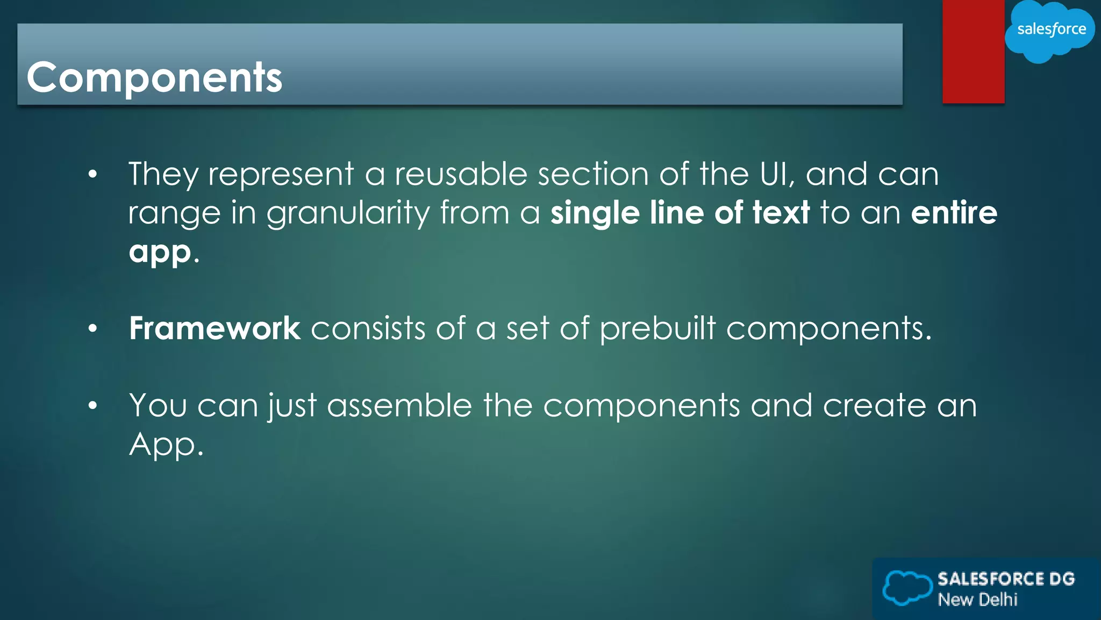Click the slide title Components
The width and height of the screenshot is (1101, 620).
(154, 77)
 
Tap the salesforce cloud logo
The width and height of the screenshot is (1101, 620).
(1050, 30)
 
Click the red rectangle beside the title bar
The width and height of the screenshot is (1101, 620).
(973, 52)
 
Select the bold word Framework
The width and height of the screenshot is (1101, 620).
(215, 328)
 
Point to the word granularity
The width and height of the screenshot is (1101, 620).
(348, 213)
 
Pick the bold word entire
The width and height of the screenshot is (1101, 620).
(954, 213)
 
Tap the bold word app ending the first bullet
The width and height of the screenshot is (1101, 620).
(160, 252)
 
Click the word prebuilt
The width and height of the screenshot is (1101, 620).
(657, 328)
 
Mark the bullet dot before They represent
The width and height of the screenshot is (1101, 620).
(93, 174)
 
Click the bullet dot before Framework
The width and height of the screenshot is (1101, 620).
(93, 328)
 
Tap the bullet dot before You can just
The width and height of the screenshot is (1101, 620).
(93, 406)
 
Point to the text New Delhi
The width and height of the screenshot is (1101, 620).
(977, 600)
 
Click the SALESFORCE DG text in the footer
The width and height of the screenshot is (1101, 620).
(1006, 579)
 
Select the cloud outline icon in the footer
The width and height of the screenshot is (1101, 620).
(907, 588)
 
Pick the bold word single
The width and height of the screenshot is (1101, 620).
(595, 213)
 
